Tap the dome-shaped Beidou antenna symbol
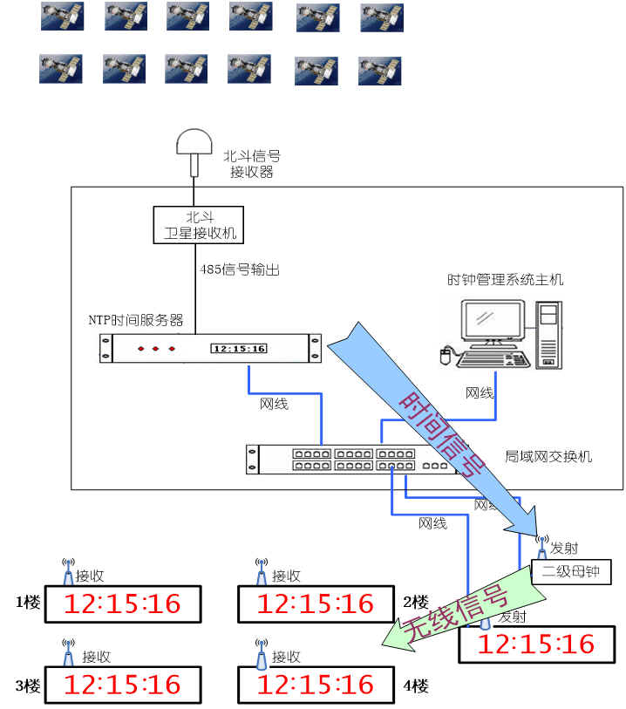pyautogui.click(x=193, y=142)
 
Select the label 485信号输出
pyautogui.click(x=240, y=269)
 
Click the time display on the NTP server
pyautogui.click(x=239, y=349)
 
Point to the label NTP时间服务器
pyautogui.click(x=136, y=319)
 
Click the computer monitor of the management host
pyautogui.click(x=493, y=321)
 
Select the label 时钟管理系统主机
pyautogui.click(x=506, y=279)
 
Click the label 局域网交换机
pyautogui.click(x=549, y=456)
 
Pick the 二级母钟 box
pyautogui.click(x=572, y=572)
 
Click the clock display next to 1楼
pyautogui.click(x=124, y=603)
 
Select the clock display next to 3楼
pyautogui.click(x=124, y=684)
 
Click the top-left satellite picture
pyautogui.click(x=63, y=17)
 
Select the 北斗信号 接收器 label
pyautogui.click(x=252, y=164)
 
